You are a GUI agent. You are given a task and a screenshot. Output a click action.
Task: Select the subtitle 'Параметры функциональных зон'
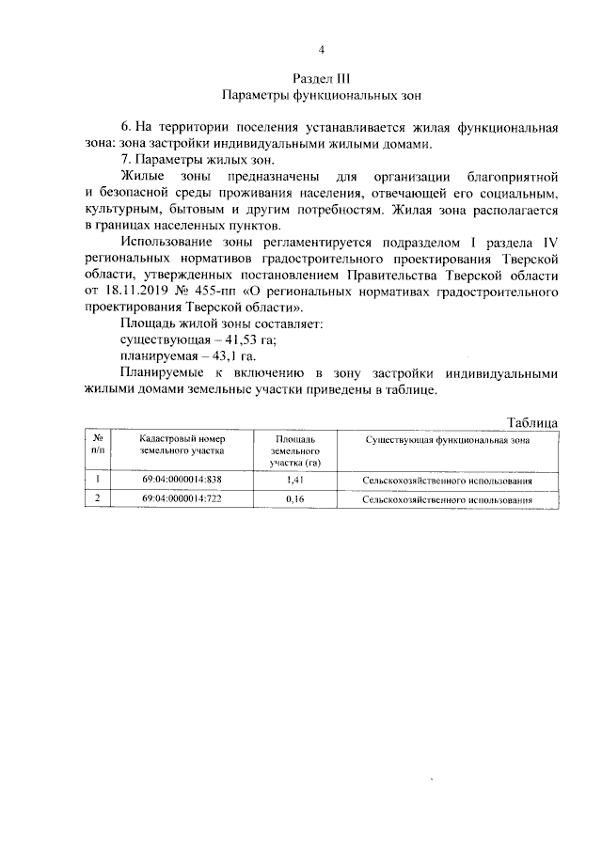322,95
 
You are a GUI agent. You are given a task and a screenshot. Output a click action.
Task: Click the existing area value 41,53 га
231,339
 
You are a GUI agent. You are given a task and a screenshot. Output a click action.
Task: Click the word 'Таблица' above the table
532,422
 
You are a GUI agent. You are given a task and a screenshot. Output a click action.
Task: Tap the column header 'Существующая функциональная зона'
447,439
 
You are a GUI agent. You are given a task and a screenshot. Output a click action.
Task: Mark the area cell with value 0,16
296,499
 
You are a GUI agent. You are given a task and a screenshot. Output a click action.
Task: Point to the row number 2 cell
98,498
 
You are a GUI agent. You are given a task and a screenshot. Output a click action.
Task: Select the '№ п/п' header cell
98,445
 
